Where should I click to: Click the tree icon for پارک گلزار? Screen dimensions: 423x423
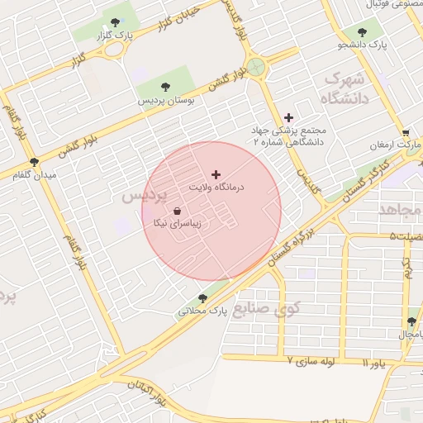[x=114, y=22]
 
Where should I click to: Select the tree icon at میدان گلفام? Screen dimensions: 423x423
[x=33, y=162]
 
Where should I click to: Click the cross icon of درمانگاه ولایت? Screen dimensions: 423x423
[x=216, y=174]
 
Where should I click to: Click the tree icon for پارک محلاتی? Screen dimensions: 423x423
[x=202, y=298]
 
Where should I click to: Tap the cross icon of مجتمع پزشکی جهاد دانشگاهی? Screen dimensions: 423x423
[x=288, y=118]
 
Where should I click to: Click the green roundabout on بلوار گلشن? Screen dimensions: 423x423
[x=256, y=66]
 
